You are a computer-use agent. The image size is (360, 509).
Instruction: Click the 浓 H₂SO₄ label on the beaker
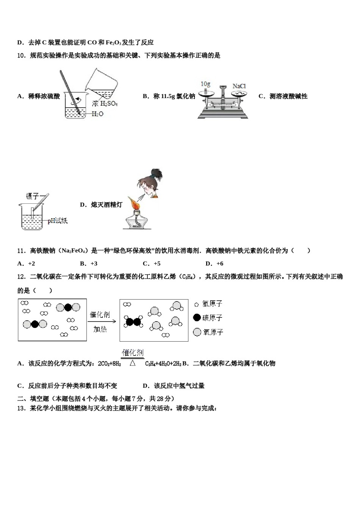105,103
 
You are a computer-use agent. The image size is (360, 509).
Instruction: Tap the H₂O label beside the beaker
97,114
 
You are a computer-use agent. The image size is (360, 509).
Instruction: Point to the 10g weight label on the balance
205,84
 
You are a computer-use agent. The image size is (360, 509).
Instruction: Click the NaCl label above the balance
239,86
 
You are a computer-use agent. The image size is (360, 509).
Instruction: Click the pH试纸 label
58,220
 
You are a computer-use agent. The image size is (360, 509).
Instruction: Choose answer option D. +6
214,264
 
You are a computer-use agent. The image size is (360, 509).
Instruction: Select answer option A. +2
26,264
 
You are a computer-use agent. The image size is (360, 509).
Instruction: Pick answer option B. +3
89,264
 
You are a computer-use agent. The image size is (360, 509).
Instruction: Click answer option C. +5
152,264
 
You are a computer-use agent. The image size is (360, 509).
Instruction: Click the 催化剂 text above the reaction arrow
100,315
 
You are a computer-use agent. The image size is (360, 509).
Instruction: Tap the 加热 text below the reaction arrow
100,329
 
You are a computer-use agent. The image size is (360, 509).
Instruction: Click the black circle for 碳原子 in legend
197,317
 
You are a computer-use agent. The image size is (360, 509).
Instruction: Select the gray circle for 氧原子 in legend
197,332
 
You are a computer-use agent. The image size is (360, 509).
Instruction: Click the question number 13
21,408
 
